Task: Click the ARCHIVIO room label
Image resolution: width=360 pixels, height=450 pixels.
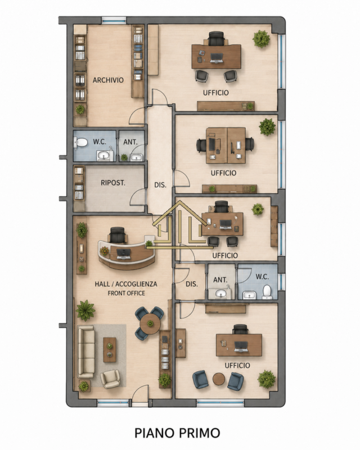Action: (x=108, y=80)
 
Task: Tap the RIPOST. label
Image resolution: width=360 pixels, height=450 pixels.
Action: (x=113, y=183)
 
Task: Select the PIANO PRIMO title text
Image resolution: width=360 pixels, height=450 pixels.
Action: (x=177, y=433)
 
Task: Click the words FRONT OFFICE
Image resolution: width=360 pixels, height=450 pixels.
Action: (x=126, y=293)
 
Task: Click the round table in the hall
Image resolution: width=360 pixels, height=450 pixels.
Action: (x=150, y=323)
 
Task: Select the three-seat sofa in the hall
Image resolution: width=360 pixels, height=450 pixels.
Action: (x=86, y=352)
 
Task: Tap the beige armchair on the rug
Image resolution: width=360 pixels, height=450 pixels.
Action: (x=110, y=379)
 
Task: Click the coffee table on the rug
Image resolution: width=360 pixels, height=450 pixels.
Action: (x=110, y=350)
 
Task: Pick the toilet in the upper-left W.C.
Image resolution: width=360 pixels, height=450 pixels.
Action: (x=81, y=142)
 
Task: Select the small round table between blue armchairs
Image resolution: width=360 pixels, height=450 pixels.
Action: (x=219, y=379)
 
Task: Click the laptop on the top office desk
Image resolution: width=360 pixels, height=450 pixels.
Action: (x=217, y=58)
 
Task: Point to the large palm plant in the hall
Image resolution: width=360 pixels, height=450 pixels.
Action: (x=85, y=310)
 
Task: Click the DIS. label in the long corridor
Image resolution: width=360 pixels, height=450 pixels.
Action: (x=160, y=185)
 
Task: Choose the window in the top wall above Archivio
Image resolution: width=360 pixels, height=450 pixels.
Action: (x=114, y=20)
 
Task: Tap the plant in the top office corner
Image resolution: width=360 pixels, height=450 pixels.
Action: (x=261, y=39)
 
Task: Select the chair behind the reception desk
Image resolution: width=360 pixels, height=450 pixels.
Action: (x=118, y=235)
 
